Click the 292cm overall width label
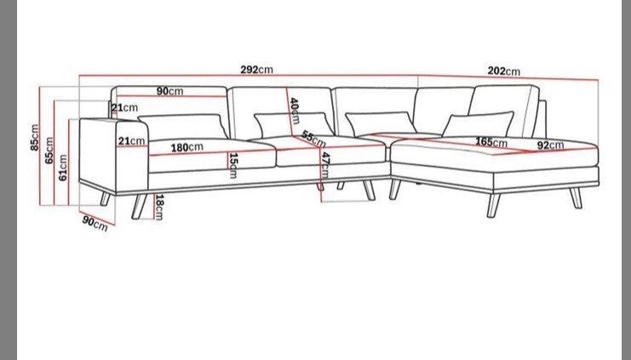coord(257,70)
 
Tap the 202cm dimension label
coord(504,71)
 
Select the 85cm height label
coord(35,138)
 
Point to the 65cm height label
coord(49,151)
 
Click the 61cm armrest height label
coord(63,168)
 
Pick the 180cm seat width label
coord(187,147)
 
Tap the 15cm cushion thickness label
coord(233,165)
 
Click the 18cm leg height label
coord(159,207)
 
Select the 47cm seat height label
coord(325,165)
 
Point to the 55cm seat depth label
coord(313,140)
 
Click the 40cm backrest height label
coord(295,111)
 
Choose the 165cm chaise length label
coord(491,142)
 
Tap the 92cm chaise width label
coord(550,146)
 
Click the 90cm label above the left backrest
coord(169,91)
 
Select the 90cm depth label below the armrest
coord(95,224)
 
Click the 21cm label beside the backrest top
coord(124,108)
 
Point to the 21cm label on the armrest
coord(131,141)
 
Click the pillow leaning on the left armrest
coord(183,127)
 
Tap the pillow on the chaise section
coord(478,125)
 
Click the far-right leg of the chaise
coord(576,197)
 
